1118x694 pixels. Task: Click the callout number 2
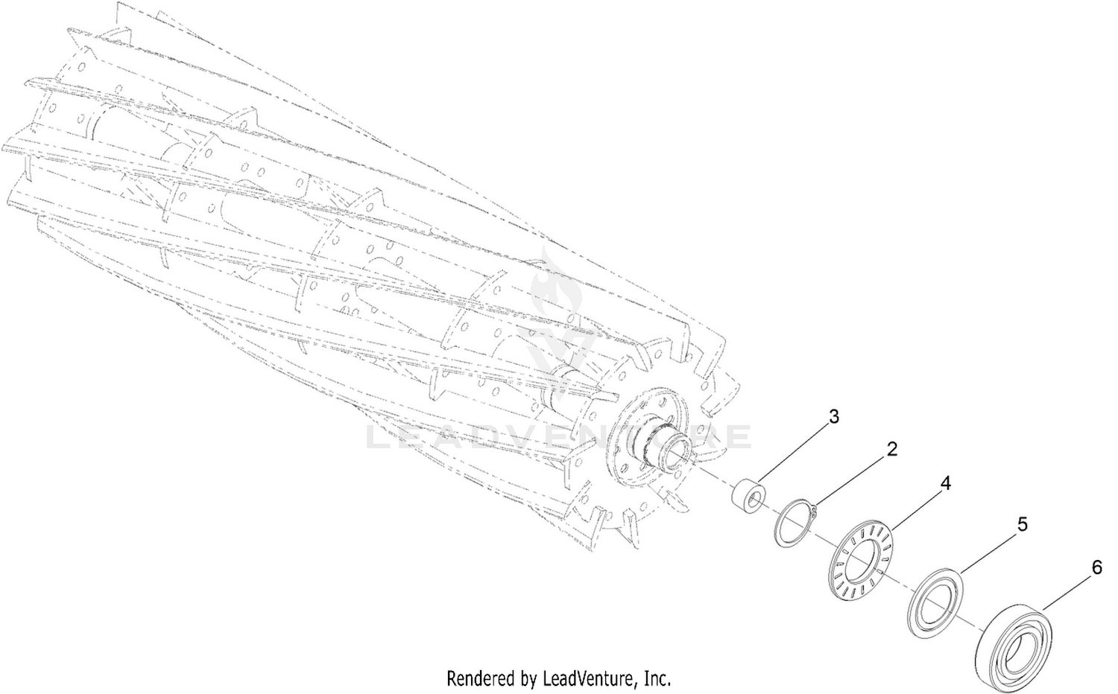click(x=892, y=449)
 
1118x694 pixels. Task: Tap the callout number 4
click(x=945, y=483)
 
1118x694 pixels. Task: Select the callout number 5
click(x=1022, y=524)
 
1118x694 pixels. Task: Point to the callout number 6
click(x=1096, y=568)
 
